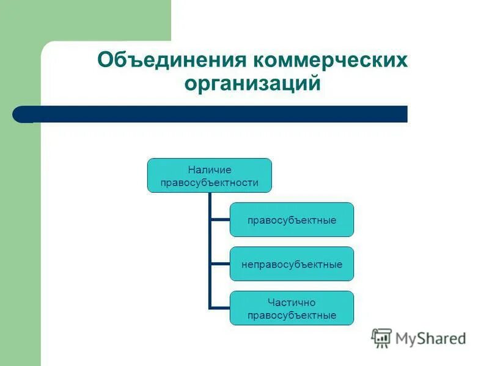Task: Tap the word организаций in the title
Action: click(252, 83)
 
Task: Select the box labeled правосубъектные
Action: click(292, 220)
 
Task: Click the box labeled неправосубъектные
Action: click(292, 264)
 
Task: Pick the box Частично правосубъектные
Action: click(292, 308)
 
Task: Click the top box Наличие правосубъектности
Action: click(209, 176)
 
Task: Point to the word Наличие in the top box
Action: click(209, 170)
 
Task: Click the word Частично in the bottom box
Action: click(292, 302)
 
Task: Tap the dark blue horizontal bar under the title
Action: click(220, 114)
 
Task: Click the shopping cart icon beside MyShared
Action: click(381, 338)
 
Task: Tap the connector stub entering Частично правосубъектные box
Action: click(219, 307)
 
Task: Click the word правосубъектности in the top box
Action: click(209, 182)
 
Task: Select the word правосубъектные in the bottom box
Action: click(292, 315)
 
